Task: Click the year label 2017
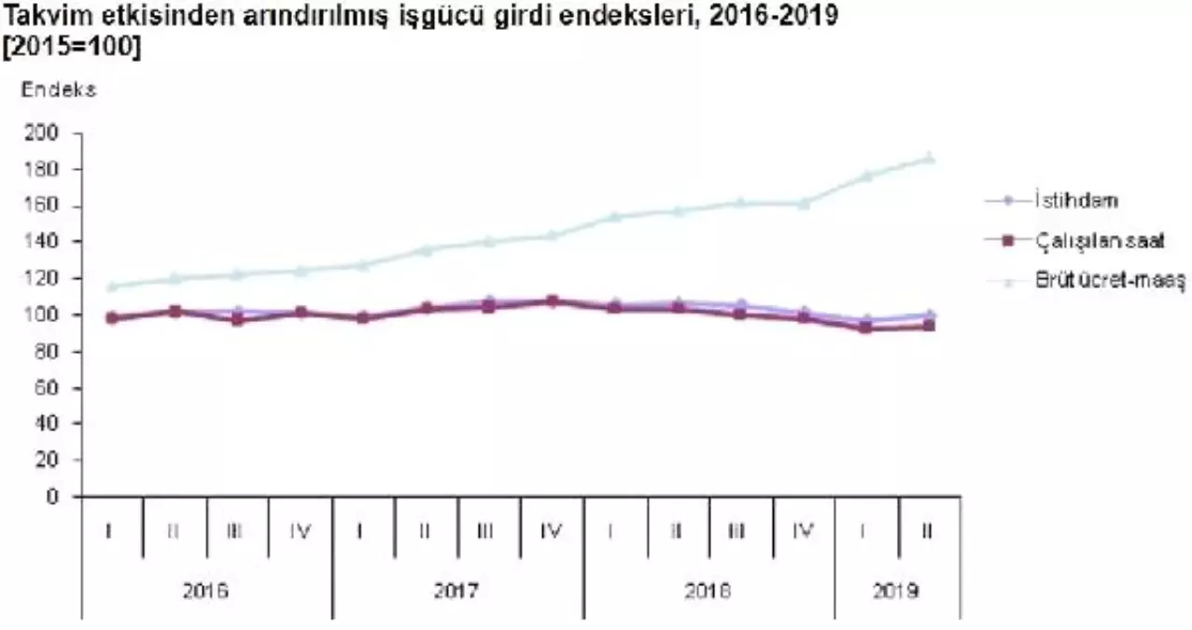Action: click(456, 592)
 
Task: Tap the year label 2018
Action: click(708, 592)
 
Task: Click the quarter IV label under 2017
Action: click(552, 531)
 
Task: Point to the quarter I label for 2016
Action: click(111, 531)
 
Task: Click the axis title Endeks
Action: click(59, 91)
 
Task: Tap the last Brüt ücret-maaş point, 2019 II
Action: click(929, 158)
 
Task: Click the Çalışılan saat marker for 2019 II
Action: click(929, 326)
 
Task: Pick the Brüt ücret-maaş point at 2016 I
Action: click(111, 287)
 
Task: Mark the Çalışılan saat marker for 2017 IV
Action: click(552, 301)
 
